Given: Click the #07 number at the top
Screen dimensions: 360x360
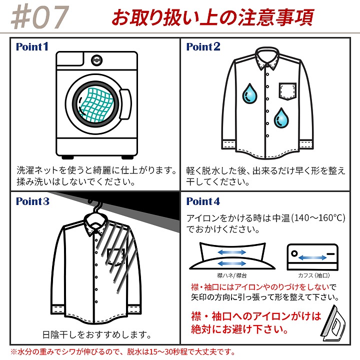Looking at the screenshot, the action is pos(40,17).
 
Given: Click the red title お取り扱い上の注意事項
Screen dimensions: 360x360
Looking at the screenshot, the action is pos(213,17).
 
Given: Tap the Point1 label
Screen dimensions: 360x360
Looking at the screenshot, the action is pos(32,46).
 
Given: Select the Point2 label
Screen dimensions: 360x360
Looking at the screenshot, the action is pos(203,46).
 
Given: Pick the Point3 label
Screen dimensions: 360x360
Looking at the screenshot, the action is pos(32,201).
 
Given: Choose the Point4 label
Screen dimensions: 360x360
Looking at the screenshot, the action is pos(203,201).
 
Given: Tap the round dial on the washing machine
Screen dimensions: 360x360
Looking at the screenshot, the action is pos(96,60).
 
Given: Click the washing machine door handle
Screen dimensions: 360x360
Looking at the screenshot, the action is pos(125,104).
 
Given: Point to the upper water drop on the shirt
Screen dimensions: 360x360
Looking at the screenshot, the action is pos(250,93).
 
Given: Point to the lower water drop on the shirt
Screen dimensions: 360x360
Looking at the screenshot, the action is pos(281,118).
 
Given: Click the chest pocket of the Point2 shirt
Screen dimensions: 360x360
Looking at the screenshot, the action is pos(287,91).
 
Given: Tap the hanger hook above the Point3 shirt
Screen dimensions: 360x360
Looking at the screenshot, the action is pos(95,205).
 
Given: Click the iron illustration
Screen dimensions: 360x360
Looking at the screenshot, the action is pos(333,323).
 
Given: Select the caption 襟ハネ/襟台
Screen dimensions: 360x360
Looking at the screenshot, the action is pos(232,275).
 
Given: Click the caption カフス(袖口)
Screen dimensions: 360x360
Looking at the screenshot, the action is pos(313,275).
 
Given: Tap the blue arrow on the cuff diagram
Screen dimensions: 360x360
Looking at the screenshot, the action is pos(312,258).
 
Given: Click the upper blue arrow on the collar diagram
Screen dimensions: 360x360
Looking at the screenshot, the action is pos(232,252).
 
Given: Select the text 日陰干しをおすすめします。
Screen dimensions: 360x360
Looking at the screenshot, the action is pos(97,334).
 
